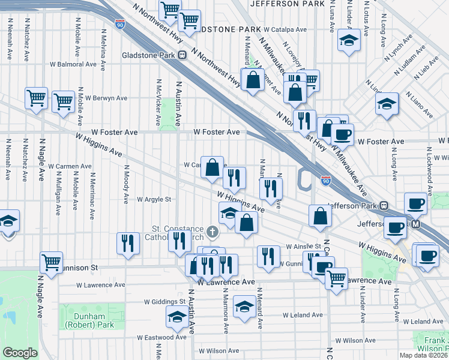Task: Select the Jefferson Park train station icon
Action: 384,205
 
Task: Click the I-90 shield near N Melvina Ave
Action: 121,25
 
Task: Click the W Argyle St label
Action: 154,199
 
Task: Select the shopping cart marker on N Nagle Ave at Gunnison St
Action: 51,262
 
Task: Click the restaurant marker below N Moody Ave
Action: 127,243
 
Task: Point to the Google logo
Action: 20,352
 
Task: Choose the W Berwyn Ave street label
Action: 106,97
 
